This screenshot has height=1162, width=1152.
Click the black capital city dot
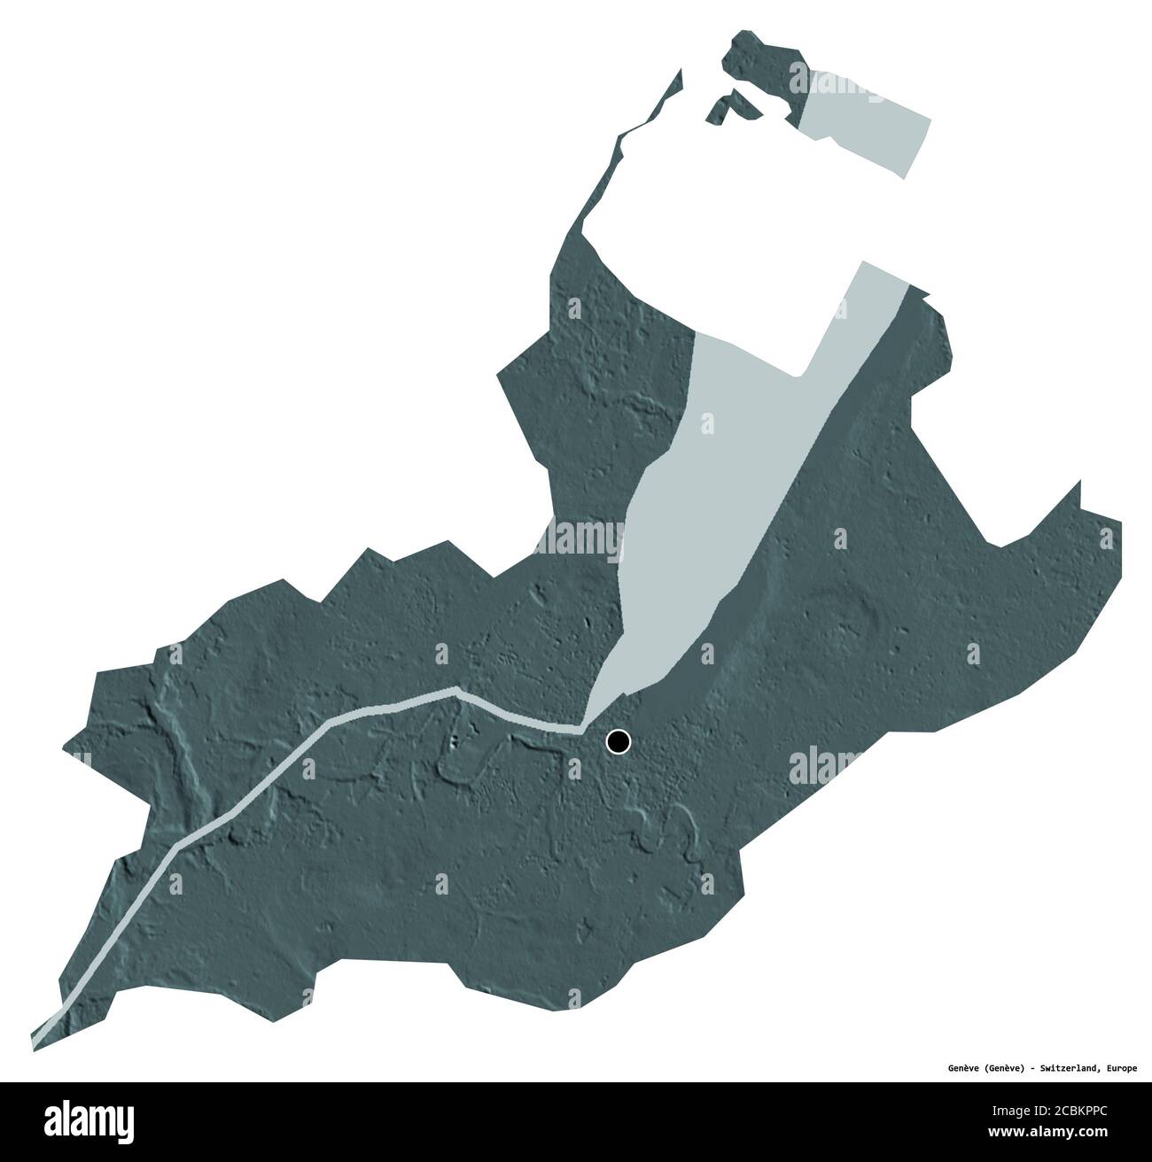(x=618, y=741)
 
